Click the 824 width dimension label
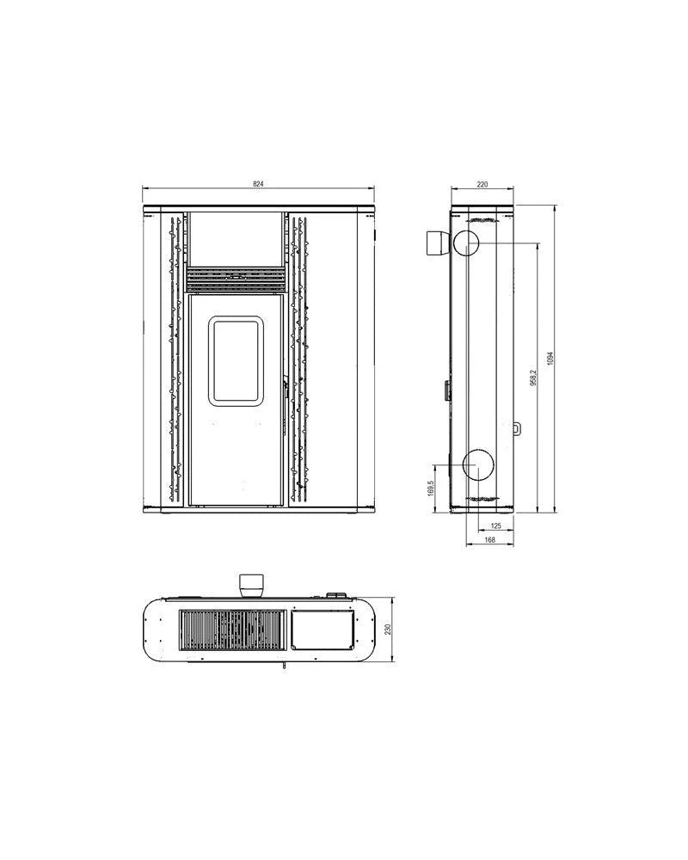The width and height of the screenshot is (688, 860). click(x=259, y=184)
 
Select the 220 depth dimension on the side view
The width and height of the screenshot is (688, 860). click(x=482, y=184)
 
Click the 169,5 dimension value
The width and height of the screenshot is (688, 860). click(x=430, y=489)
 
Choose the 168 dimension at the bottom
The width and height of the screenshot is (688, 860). click(x=489, y=540)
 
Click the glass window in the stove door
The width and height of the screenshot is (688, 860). click(x=236, y=359)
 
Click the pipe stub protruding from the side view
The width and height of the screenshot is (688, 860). click(x=437, y=243)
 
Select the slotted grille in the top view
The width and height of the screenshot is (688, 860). click(x=230, y=630)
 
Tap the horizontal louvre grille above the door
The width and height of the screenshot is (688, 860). click(x=236, y=279)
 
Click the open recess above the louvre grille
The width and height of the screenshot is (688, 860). click(x=236, y=240)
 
